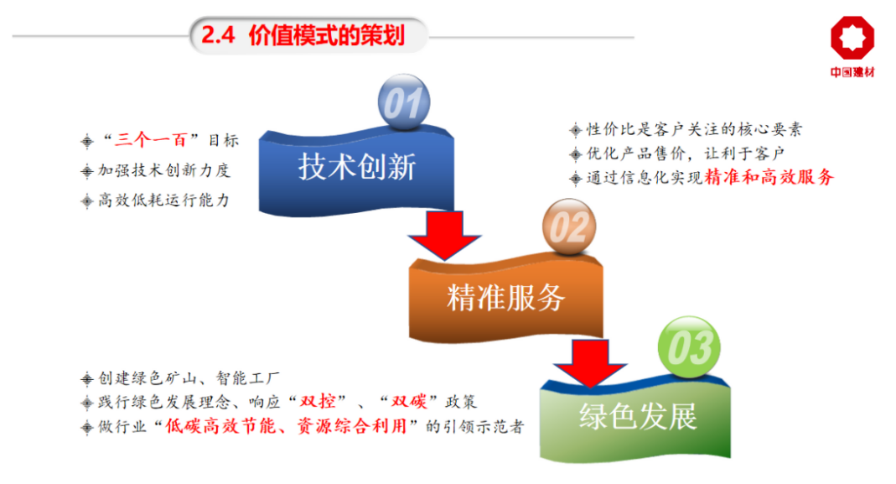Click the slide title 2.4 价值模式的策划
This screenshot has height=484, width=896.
(303, 35)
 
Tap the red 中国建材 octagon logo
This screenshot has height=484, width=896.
(852, 38)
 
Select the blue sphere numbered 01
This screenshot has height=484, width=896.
(404, 102)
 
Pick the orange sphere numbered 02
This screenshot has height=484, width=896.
(569, 226)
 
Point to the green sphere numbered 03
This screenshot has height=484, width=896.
(689, 346)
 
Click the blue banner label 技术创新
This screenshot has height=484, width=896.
(356, 167)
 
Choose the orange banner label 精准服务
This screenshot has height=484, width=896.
(505, 298)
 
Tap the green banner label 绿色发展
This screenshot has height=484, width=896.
(638, 416)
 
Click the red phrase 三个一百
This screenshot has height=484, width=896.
(151, 139)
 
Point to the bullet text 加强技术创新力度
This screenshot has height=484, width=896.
(163, 170)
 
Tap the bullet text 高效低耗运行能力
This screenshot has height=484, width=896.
(163, 200)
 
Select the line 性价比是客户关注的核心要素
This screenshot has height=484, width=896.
(694, 129)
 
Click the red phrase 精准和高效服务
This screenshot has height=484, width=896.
(769, 177)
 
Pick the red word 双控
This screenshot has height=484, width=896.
(318, 402)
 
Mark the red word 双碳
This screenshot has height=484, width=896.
(409, 402)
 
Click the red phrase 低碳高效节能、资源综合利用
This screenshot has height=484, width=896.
(286, 426)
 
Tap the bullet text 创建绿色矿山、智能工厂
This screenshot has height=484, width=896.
(189, 377)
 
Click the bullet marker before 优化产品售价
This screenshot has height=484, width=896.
(576, 154)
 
